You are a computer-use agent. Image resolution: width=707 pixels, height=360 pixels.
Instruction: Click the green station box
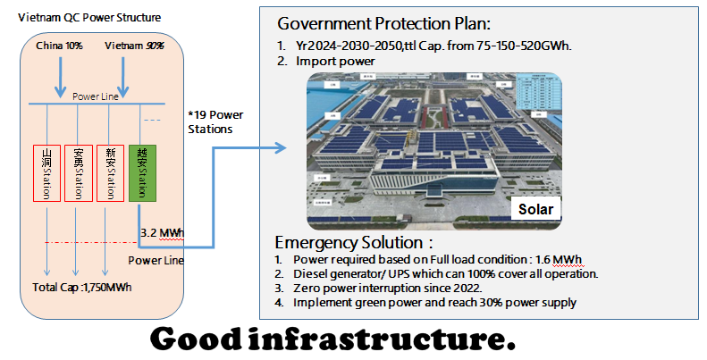143,172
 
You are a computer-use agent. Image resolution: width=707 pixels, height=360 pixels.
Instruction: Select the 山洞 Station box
46,172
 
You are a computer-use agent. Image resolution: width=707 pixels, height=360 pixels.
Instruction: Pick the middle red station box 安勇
79,172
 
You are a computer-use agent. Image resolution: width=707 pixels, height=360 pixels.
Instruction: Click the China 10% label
59,45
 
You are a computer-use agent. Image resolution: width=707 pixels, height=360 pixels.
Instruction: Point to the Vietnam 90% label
134,45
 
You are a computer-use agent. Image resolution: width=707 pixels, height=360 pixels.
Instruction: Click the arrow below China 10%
60,75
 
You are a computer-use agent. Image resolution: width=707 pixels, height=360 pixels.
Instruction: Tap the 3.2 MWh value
162,234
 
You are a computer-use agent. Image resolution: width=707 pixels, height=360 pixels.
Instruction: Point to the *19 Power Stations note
215,121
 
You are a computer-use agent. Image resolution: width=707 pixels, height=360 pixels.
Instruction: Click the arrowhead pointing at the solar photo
283,147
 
